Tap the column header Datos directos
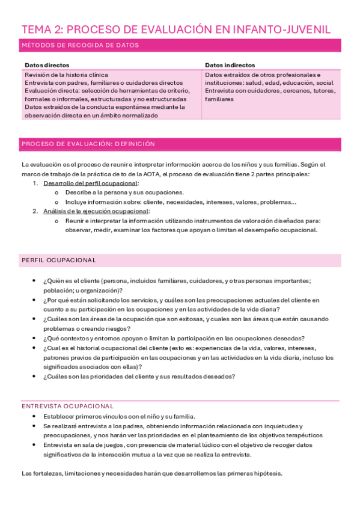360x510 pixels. click(x=47, y=65)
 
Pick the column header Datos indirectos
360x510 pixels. click(x=230, y=65)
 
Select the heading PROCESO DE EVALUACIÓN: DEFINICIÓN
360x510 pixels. click(x=88, y=144)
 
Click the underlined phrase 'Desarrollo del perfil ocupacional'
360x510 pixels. click(x=91, y=183)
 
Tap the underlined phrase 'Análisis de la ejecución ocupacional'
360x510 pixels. click(x=96, y=211)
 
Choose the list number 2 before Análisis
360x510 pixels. click(x=35, y=211)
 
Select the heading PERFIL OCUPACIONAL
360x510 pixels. click(x=58, y=260)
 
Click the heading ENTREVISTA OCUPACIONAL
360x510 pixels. click(x=67, y=406)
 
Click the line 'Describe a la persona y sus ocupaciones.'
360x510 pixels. click(x=116, y=192)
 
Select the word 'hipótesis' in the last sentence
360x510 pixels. click(x=266, y=473)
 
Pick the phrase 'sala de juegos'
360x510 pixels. click(x=97, y=445)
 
